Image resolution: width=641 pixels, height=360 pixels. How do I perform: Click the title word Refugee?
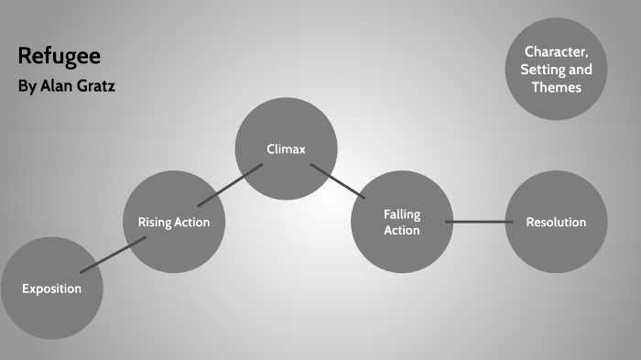(x=60, y=57)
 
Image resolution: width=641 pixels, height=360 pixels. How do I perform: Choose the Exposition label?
(x=52, y=289)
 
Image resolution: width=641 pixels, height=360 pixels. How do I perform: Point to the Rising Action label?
(x=173, y=222)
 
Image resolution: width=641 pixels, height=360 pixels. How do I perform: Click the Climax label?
(x=286, y=148)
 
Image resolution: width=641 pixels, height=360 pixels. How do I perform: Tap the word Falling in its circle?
(x=402, y=214)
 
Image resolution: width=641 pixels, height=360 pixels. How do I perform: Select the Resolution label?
(x=556, y=222)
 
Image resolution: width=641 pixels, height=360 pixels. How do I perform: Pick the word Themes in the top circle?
(x=556, y=87)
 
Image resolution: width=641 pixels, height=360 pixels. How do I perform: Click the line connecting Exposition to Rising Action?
(x=113, y=255)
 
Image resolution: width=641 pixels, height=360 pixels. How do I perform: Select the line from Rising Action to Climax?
(x=230, y=184)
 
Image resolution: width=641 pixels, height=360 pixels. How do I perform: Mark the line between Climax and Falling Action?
(x=336, y=180)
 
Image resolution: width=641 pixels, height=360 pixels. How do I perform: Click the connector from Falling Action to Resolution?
(x=479, y=222)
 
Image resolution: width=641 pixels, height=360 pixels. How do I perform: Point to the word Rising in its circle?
(x=154, y=222)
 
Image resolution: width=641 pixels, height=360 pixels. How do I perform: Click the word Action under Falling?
(x=402, y=230)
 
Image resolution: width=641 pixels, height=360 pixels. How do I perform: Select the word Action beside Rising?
(x=192, y=222)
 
